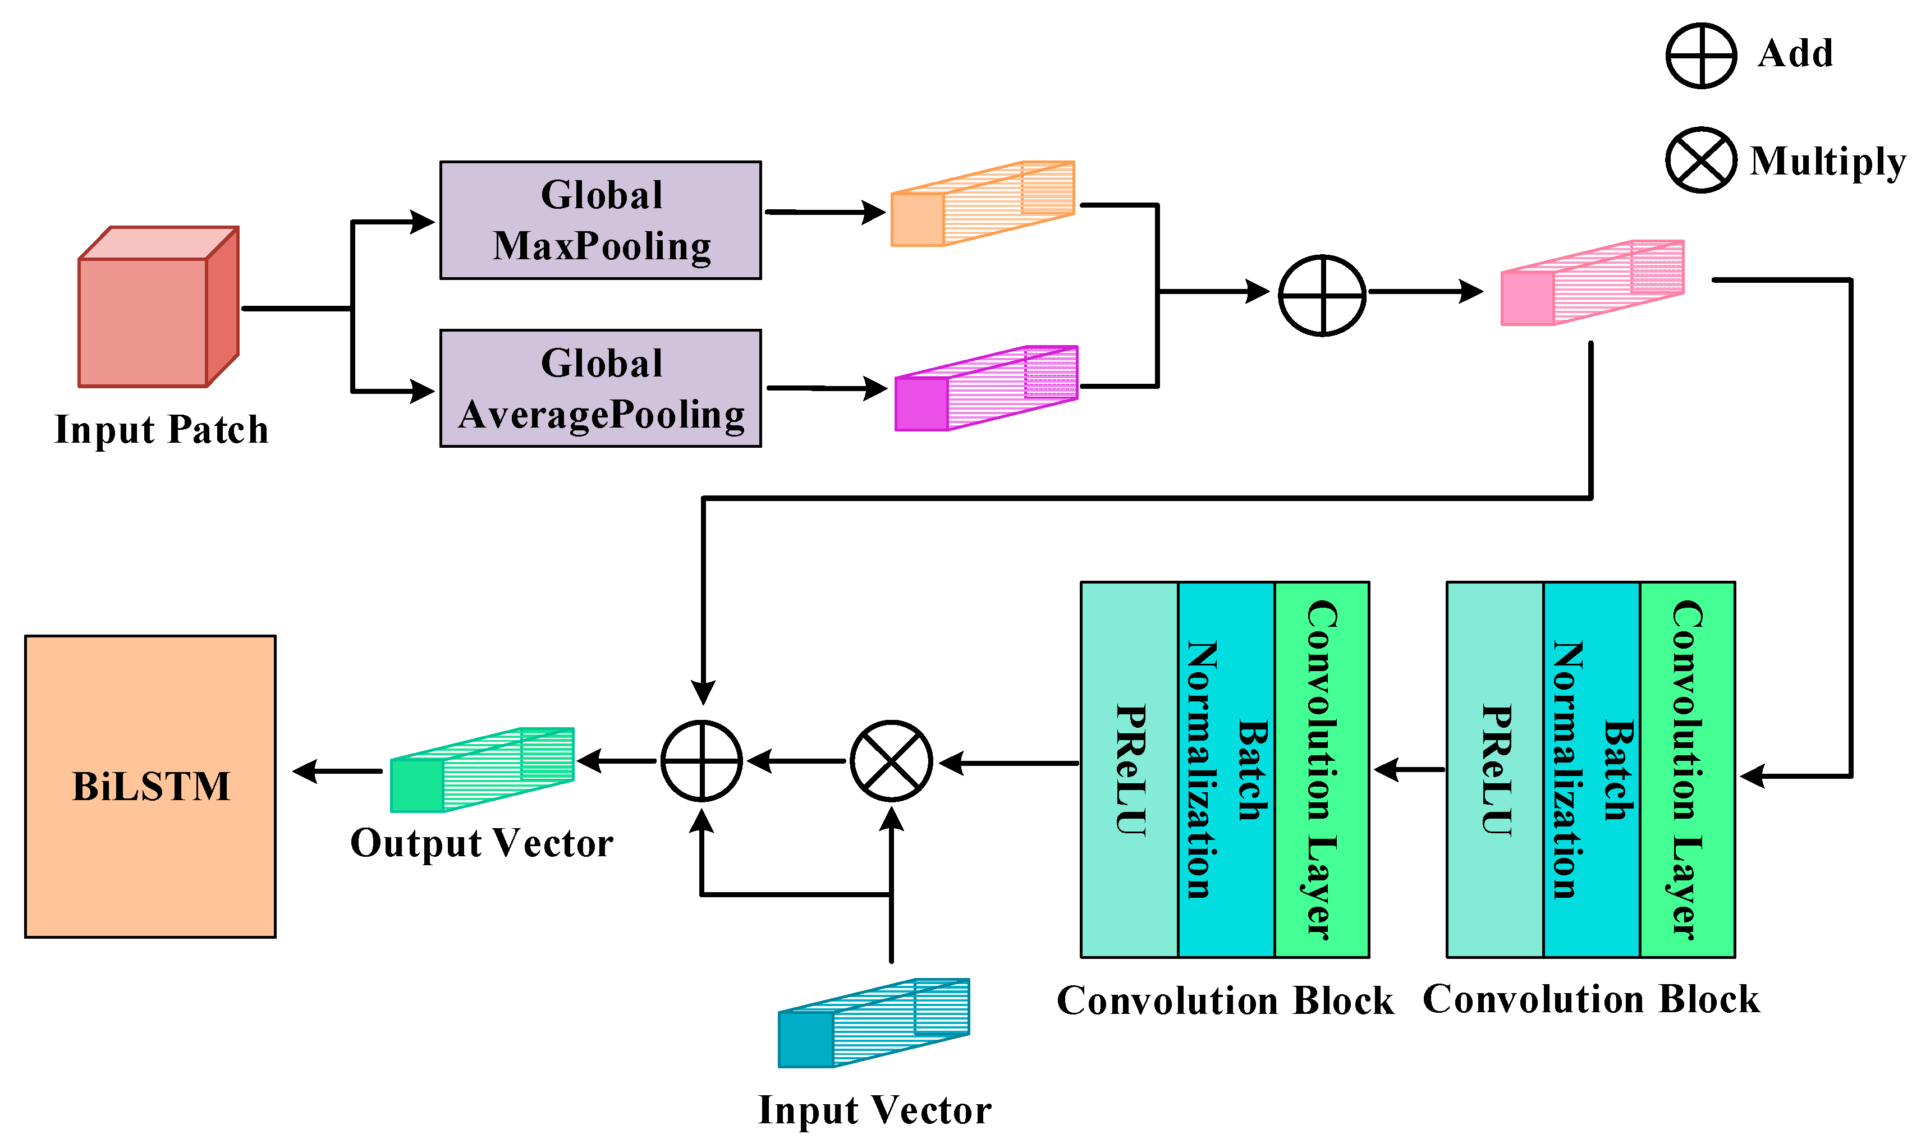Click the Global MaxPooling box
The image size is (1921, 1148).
coord(600,221)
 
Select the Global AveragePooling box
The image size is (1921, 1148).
coord(600,388)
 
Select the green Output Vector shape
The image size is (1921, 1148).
coord(480,770)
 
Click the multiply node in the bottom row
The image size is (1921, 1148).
coord(891,761)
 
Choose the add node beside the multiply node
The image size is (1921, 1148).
coord(702,761)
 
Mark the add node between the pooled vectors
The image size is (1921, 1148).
coord(1322,295)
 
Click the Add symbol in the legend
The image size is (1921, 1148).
coord(1700,55)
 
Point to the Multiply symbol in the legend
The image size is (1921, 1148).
coord(1700,160)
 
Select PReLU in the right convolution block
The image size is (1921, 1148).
coord(1494,770)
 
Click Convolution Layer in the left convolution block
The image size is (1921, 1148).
coord(1322,770)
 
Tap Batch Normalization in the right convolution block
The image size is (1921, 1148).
coord(1592,770)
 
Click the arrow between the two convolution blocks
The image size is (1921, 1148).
coord(1409,770)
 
